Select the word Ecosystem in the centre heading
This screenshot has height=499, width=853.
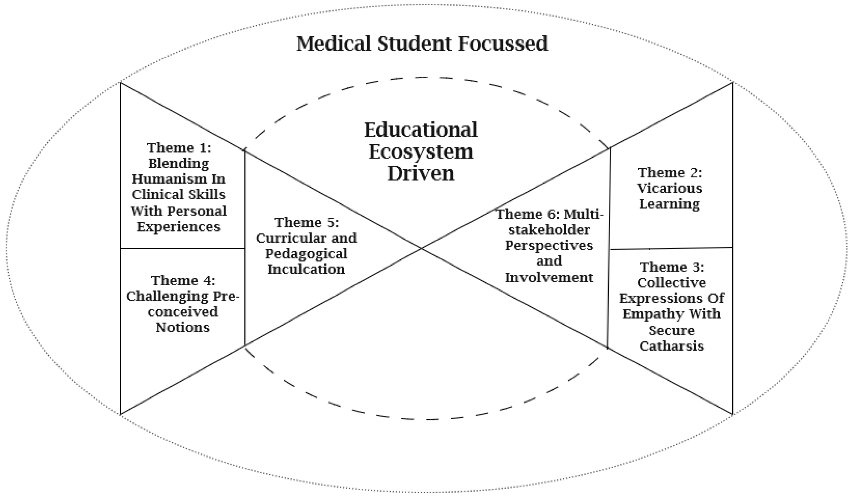[421, 152]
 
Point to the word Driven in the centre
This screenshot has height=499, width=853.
[421, 174]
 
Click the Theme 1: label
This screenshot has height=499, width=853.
[179, 148]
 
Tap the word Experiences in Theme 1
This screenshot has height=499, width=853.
[179, 227]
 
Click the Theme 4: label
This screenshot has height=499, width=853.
[183, 281]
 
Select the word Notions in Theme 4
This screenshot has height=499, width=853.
[183, 327]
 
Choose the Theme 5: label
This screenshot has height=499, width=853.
[307, 223]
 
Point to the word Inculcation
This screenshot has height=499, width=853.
[306, 269]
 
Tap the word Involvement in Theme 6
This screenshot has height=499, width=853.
[549, 278]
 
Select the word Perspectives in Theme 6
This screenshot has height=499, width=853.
[549, 246]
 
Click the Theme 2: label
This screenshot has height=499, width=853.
[670, 173]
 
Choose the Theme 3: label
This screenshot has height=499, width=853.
[672, 267]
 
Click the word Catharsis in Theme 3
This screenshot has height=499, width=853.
[672, 346]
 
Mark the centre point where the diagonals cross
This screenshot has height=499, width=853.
[421, 248]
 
